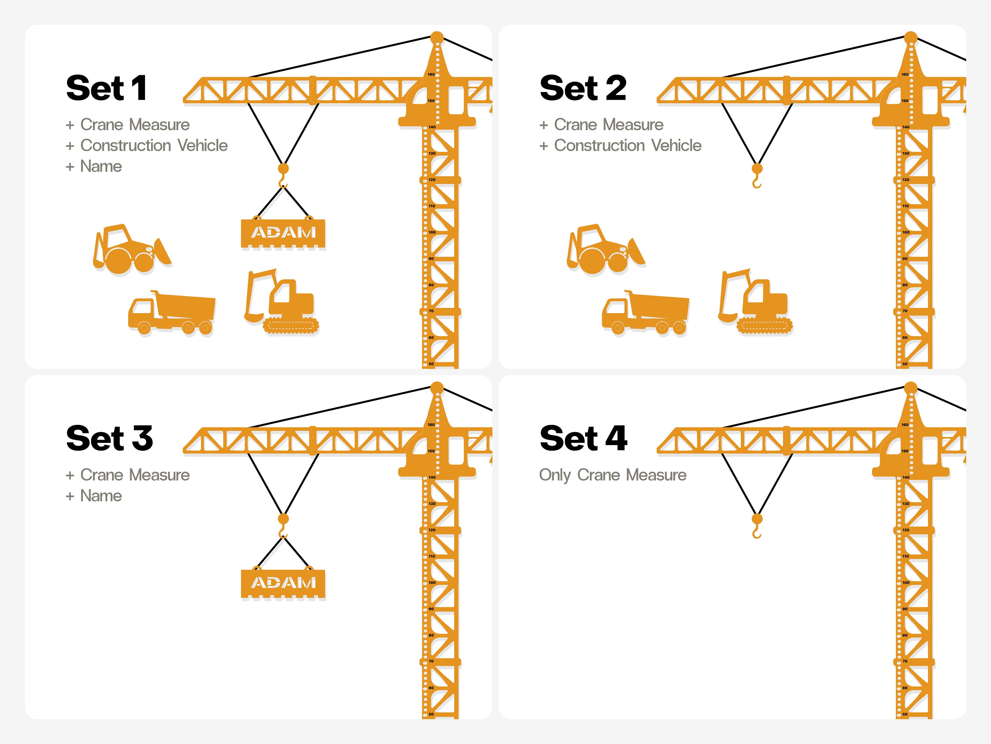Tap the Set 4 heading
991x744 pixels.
pos(583,438)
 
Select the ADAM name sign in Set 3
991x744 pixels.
pos(283,583)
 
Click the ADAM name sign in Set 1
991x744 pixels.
pos(283,233)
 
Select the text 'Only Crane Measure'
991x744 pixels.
pos(612,475)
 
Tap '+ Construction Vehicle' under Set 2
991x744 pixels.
pos(620,145)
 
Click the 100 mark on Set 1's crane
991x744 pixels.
pos(432,232)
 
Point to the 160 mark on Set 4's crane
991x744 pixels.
pos(905,425)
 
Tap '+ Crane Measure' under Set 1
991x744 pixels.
pos(128,124)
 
